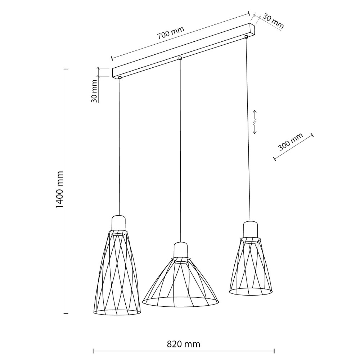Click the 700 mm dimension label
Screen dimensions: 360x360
click(171, 33)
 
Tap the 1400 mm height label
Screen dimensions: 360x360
click(60, 190)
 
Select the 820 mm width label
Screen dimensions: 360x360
click(184, 344)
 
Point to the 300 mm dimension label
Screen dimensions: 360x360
click(291, 141)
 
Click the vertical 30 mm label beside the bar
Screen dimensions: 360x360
click(94, 91)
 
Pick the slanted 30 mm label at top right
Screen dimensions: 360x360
click(273, 21)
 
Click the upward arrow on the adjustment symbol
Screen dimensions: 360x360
click(255, 115)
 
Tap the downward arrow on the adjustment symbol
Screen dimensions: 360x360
click(255, 129)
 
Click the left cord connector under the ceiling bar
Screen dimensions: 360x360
click(120, 78)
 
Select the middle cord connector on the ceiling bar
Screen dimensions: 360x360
click(180, 58)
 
